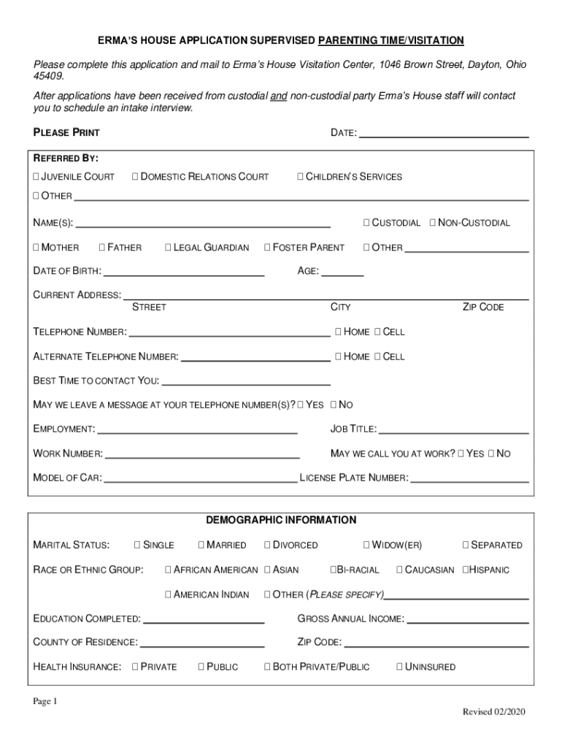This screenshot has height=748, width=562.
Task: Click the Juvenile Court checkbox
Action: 36,177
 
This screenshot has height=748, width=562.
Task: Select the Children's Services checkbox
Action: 300,177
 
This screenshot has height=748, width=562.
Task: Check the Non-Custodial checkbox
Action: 433,223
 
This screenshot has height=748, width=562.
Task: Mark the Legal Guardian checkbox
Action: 169,248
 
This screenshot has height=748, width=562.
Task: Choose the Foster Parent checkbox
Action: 267,248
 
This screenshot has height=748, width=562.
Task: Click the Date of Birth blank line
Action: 184,273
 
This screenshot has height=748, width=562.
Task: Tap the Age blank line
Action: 342,273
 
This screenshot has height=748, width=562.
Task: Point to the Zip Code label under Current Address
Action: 483,308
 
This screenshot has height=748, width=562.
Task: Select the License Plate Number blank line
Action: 470,480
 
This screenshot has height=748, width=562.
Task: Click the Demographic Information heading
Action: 281,520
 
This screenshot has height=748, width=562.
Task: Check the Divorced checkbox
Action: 267,545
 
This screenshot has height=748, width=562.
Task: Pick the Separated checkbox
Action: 466,545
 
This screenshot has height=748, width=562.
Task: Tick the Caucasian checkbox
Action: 399,570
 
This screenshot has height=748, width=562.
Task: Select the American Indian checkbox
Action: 169,595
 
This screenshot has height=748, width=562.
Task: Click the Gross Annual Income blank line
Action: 467,621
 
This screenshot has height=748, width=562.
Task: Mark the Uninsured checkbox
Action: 399,667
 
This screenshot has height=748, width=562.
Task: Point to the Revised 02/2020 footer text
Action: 493,712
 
